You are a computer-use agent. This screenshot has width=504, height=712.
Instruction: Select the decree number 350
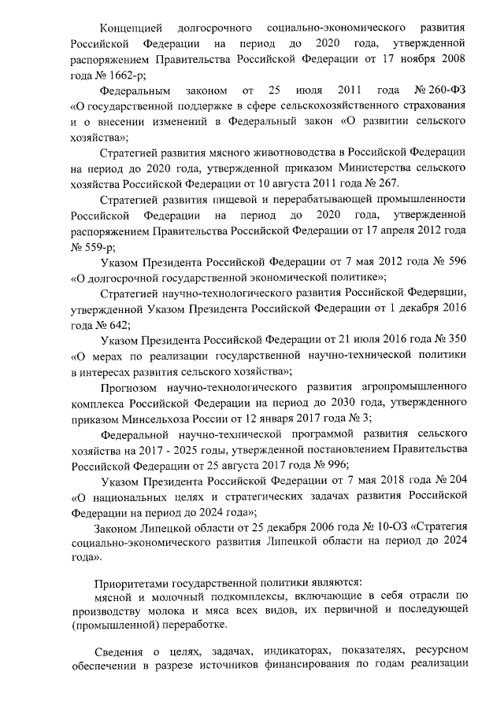[454, 338]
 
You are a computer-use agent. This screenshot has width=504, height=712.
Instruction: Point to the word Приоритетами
[133, 584]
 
